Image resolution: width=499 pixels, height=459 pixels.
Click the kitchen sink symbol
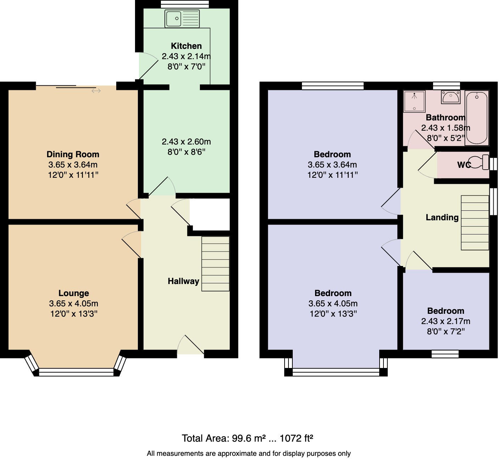coord(182,18)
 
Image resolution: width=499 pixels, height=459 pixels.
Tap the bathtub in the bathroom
coord(477,118)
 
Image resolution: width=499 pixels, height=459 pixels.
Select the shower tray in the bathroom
coord(414,101)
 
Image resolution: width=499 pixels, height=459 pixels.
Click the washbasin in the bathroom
coord(450,97)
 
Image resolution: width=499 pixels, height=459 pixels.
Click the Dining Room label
coord(73,154)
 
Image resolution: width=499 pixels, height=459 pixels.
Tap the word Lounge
coord(73,293)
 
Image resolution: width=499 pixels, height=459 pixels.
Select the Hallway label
coord(183,281)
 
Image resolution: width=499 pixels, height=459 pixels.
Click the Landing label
coord(442,217)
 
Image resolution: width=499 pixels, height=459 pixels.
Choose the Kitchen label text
coord(186,46)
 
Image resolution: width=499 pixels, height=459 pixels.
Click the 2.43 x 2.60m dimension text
coord(186,142)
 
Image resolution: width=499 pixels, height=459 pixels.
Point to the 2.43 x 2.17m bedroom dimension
coord(445,321)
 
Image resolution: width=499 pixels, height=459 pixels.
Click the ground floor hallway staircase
coord(215,263)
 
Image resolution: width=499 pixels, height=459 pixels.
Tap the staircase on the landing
coord(475,222)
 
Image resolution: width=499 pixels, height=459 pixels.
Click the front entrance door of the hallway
coord(191,345)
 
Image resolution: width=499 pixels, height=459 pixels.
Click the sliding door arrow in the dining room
coord(96,91)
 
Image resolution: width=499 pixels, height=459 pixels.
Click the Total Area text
coord(247,438)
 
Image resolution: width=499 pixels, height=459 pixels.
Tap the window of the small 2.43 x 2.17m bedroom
coord(445,354)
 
